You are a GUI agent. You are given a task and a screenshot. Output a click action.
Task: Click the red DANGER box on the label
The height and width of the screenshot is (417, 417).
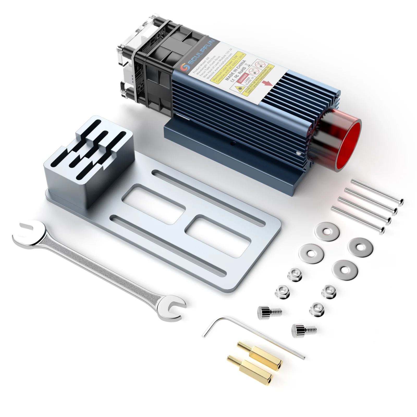243,77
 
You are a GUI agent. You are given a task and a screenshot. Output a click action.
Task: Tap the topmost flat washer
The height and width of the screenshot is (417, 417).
327,231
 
